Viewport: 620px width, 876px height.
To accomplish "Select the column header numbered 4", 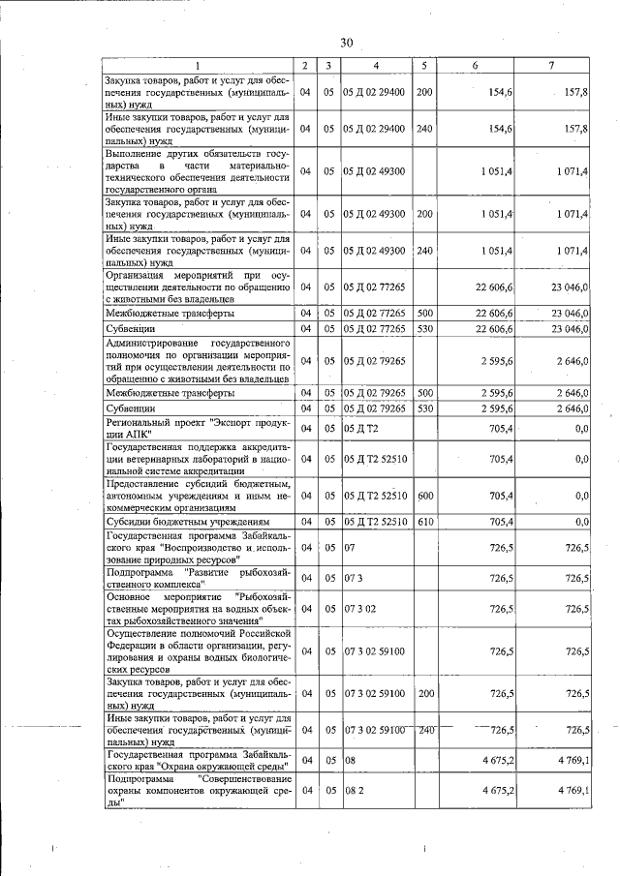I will click(377, 65).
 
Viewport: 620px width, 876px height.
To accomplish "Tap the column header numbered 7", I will click(550, 65).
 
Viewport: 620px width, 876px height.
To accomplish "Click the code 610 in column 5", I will click(424, 522).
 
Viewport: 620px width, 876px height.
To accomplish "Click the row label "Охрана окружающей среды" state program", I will click(198, 761).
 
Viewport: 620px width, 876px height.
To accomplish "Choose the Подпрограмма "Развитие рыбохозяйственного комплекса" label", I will click(198, 578).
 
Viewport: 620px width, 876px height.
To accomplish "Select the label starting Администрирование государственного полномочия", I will click(198, 361).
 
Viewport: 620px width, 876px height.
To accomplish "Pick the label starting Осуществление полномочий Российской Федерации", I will click(198, 650).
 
